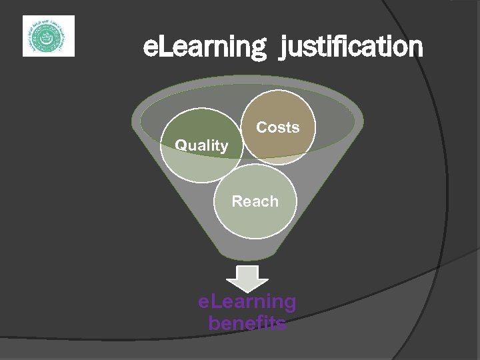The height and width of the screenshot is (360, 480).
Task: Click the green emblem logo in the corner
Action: tap(49, 36)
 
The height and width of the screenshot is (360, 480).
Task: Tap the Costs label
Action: tap(278, 127)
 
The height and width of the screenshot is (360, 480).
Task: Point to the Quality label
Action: tap(201, 145)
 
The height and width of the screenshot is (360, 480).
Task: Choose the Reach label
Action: tap(255, 201)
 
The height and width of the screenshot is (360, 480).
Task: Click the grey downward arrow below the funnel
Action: tap(247, 278)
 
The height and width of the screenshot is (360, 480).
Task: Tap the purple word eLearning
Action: tap(247, 302)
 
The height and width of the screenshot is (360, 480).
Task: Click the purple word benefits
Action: tap(247, 323)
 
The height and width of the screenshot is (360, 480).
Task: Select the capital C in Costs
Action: tap(262, 127)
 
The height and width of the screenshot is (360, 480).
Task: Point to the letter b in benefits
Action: tap(214, 323)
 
